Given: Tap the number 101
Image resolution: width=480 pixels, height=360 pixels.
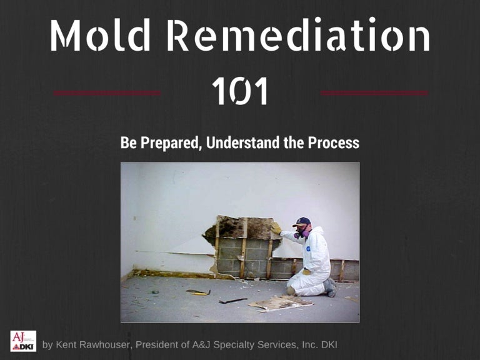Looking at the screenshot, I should pyautogui.click(x=240, y=91).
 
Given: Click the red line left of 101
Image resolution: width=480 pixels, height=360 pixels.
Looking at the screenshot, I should pyautogui.click(x=107, y=93).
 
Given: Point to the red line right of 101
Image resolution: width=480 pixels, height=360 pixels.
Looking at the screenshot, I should pyautogui.click(x=374, y=93).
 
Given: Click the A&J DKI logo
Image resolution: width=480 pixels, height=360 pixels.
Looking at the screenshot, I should pyautogui.click(x=23, y=341).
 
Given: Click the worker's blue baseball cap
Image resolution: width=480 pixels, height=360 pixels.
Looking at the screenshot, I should pyautogui.click(x=302, y=222).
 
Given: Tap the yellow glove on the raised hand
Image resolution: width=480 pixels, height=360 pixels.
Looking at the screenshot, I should pyautogui.click(x=276, y=229).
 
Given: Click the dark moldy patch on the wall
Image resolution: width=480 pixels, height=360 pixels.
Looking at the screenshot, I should pyautogui.click(x=241, y=227).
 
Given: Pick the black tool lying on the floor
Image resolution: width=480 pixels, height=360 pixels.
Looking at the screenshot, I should pyautogui.click(x=232, y=301).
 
